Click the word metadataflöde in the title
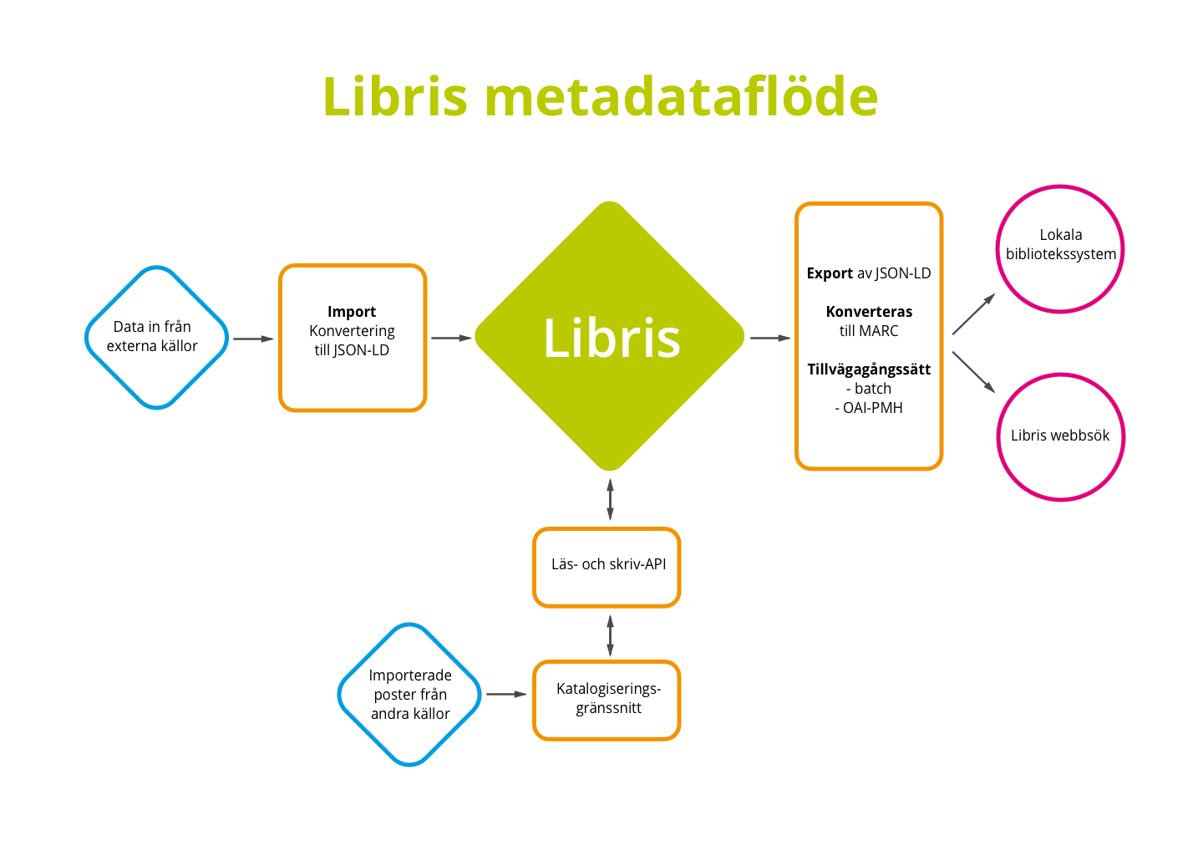[x=681, y=96]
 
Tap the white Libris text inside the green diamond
[x=612, y=338]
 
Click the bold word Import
[x=352, y=312]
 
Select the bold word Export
[x=830, y=273]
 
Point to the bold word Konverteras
[x=869, y=312]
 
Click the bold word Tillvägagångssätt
[x=869, y=369]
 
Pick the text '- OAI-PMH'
[x=869, y=408]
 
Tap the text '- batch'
[x=869, y=389]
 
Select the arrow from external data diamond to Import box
[x=253, y=339]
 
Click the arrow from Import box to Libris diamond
[x=451, y=338]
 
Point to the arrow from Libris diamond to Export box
[x=770, y=338]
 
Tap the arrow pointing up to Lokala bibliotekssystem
[x=974, y=313]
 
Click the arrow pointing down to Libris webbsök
[x=974, y=372]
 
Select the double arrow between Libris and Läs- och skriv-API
[x=610, y=499]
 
